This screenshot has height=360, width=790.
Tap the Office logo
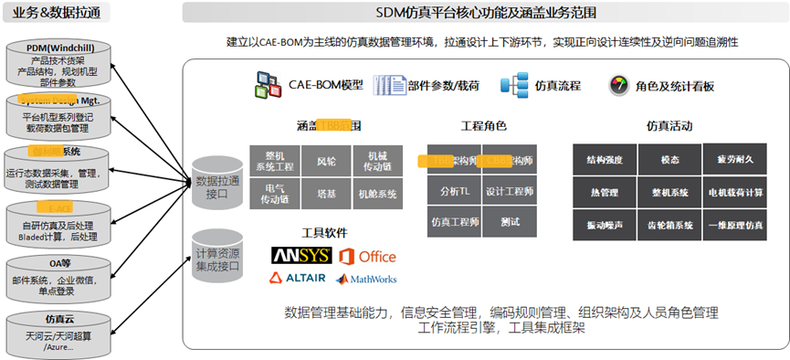[367, 255]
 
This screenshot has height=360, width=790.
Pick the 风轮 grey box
[325, 161]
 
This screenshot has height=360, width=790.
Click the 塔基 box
[325, 194]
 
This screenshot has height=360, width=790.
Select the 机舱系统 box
[377, 194]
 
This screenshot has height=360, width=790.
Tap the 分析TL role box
[454, 191]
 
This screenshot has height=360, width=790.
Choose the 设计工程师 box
[509, 191]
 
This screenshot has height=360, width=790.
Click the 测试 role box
[509, 221]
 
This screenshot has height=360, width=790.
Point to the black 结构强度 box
[604, 160]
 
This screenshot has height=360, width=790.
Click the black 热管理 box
[604, 192]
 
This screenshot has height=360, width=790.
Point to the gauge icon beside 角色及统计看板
[619, 85]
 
